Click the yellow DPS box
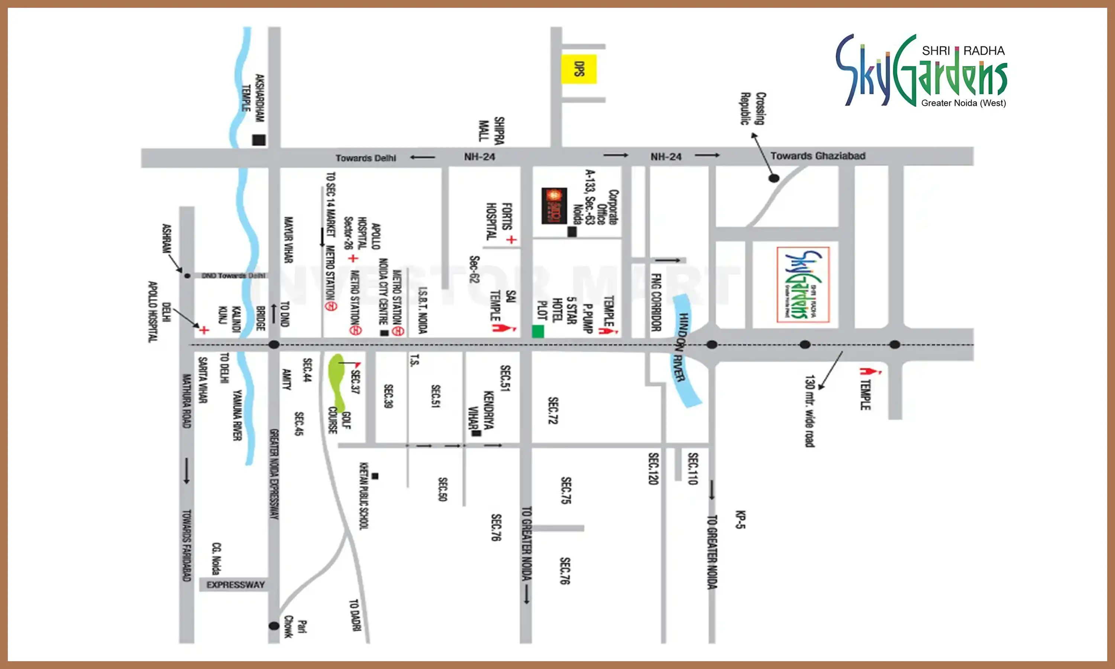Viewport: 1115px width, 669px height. pyautogui.click(x=579, y=69)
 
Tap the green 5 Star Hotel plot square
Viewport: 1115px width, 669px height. pyautogui.click(x=538, y=332)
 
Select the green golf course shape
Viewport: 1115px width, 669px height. pyautogui.click(x=337, y=379)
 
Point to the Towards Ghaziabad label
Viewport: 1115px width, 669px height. pyautogui.click(x=818, y=156)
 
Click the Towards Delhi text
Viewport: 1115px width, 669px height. pyautogui.click(x=365, y=158)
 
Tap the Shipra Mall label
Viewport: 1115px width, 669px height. pyautogui.click(x=491, y=131)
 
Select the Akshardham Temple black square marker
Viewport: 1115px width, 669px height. pyautogui.click(x=259, y=140)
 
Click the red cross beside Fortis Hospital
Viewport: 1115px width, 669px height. pyautogui.click(x=511, y=239)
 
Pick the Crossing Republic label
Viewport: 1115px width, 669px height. pyautogui.click(x=753, y=108)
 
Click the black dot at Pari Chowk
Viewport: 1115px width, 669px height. pyautogui.click(x=274, y=626)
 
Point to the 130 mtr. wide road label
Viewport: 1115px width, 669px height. pyautogui.click(x=810, y=411)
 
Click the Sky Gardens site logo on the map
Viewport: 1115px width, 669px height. pyautogui.click(x=803, y=284)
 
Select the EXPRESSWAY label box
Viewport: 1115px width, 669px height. pyautogui.click(x=235, y=585)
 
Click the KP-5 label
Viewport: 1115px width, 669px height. pyautogui.click(x=740, y=519)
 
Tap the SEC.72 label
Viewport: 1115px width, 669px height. pyautogui.click(x=553, y=410)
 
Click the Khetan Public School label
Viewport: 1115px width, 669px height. pyautogui.click(x=364, y=495)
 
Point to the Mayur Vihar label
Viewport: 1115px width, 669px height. pyautogui.click(x=288, y=239)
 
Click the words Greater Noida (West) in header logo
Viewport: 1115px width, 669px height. pyautogui.click(x=963, y=103)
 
